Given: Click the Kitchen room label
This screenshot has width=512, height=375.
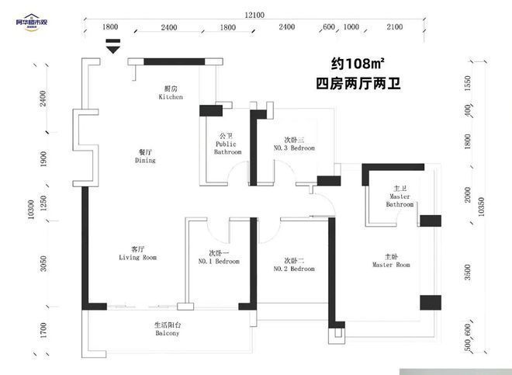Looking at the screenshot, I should pyautogui.click(x=171, y=93).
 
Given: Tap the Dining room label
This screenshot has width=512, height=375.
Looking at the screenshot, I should pyautogui.click(x=145, y=156).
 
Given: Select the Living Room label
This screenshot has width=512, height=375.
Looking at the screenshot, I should pyautogui.click(x=138, y=253).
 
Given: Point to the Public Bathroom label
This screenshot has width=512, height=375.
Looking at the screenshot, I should pyautogui.click(x=227, y=148).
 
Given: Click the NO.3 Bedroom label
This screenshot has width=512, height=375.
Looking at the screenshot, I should pyautogui.click(x=294, y=144).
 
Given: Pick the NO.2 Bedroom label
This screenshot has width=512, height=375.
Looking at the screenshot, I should pyautogui.click(x=294, y=264).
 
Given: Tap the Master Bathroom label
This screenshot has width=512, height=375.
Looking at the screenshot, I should pyautogui.click(x=400, y=200).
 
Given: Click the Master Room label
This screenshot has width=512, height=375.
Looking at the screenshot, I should pyautogui.click(x=391, y=260).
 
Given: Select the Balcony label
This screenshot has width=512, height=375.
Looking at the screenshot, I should pyautogui.click(x=167, y=329).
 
